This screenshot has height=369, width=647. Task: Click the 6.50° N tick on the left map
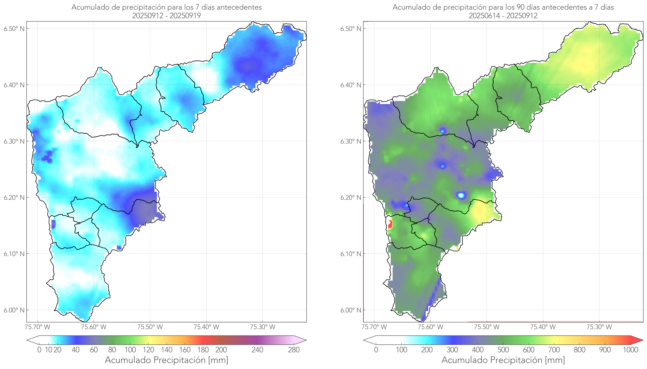tap(14, 29)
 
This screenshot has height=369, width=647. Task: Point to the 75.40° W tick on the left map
tap(206, 327)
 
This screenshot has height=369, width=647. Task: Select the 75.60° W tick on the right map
tap(430, 327)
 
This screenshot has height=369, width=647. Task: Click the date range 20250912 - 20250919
tap(166, 16)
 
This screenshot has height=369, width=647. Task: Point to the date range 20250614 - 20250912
tap(503, 16)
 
